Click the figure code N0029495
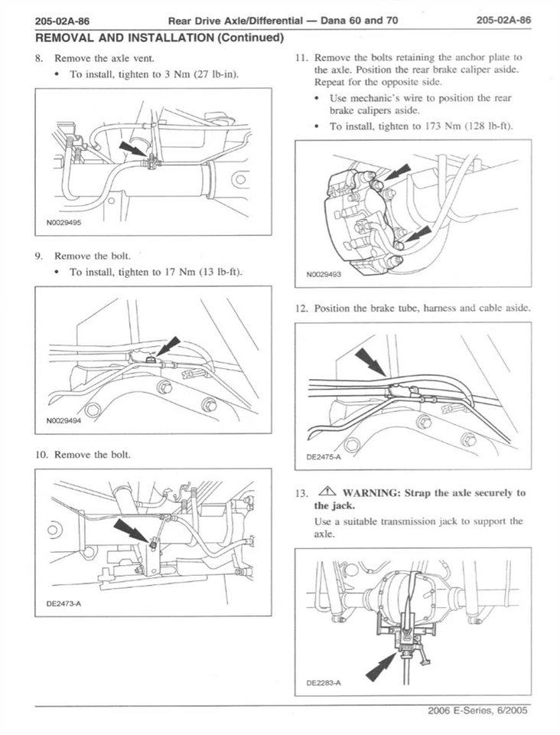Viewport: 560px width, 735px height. (x=63, y=224)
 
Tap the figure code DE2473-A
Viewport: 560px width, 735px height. (x=64, y=603)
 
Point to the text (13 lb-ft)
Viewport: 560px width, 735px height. (x=217, y=272)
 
